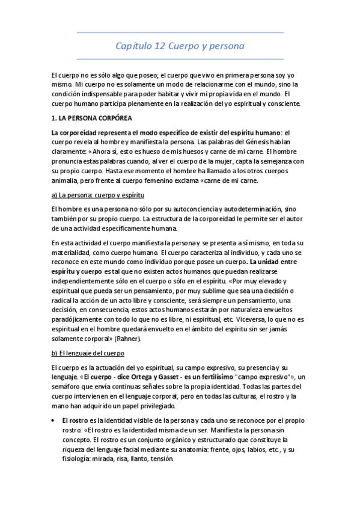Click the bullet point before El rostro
pyautogui.click(x=55, y=420)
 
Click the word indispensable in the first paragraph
pyautogui.click(x=105, y=94)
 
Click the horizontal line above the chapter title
pyautogui.click(x=180, y=32)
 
